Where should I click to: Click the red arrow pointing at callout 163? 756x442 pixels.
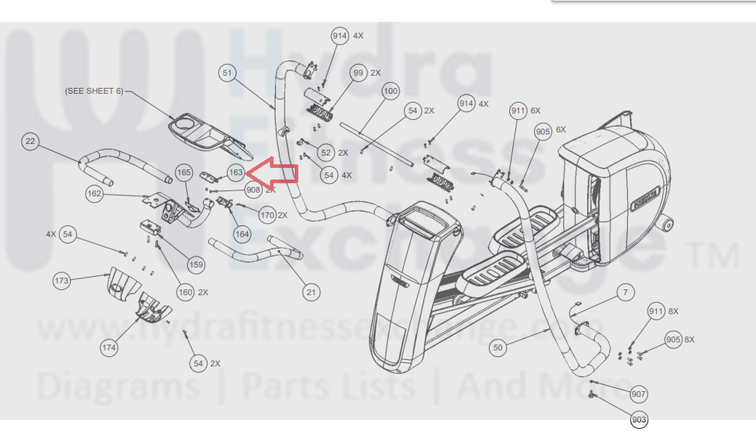(x=273, y=173)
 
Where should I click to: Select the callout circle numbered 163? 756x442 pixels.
(x=235, y=173)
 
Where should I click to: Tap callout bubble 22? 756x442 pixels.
(x=30, y=141)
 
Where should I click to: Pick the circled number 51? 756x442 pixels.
(x=228, y=73)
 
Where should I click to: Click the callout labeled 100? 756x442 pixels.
(x=390, y=91)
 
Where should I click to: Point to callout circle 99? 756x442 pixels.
(x=358, y=73)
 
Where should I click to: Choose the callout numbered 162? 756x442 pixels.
(x=94, y=194)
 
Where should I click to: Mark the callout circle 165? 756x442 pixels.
(x=184, y=173)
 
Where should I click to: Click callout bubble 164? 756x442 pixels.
(x=242, y=234)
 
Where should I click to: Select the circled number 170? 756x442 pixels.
(x=267, y=216)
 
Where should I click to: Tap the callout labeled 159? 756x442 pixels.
(x=196, y=264)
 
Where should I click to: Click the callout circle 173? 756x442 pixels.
(x=62, y=280)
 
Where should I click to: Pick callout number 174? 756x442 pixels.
(x=109, y=347)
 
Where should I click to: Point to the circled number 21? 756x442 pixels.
(x=311, y=293)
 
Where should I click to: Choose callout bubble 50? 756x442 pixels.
(x=497, y=347)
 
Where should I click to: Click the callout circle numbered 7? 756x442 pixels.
(x=623, y=293)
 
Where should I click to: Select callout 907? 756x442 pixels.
(x=639, y=394)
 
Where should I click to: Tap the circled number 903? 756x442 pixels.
(x=639, y=419)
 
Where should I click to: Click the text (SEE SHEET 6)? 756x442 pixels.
(x=94, y=91)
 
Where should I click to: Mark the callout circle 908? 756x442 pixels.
(x=253, y=190)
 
